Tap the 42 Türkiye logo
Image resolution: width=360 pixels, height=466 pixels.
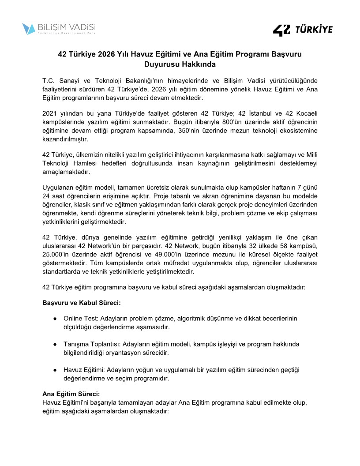pos(303,30)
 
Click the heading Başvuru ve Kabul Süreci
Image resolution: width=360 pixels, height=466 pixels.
pos(81,303)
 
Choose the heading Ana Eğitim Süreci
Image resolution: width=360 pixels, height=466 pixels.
pos(71,394)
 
